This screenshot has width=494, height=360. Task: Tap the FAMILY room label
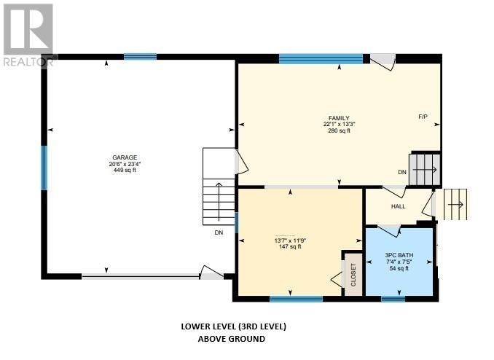(x=338, y=118)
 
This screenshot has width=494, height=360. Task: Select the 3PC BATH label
(x=398, y=255)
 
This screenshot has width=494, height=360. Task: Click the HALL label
(x=398, y=206)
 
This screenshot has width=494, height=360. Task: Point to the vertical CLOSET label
(x=353, y=275)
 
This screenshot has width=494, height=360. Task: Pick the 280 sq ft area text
(x=338, y=130)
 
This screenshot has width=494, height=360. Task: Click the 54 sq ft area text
(x=398, y=268)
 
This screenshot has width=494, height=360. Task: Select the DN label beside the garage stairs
(x=219, y=233)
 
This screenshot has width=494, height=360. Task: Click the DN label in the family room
(x=401, y=172)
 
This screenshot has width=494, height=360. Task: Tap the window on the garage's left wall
(x=44, y=168)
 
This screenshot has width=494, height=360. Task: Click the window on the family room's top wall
(x=321, y=59)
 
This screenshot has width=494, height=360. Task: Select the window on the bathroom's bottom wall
(x=393, y=298)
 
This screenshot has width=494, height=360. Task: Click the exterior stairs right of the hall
(x=455, y=203)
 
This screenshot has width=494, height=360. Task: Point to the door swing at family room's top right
(x=383, y=63)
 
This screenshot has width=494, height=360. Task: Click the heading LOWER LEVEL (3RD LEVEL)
(x=228, y=326)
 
